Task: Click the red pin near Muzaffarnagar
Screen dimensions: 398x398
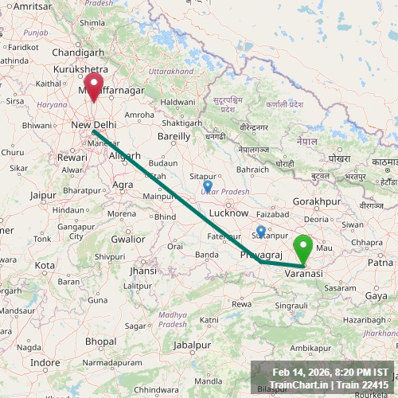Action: click(94, 86)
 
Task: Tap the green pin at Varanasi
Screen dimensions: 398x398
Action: click(303, 248)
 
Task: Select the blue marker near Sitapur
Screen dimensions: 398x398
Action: click(208, 186)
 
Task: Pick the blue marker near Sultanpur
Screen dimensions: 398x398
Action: click(261, 231)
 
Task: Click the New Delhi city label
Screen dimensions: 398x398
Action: click(93, 125)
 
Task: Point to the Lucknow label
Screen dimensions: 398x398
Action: click(229, 214)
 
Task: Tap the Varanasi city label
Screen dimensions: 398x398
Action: click(303, 273)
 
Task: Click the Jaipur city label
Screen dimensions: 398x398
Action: click(43, 194)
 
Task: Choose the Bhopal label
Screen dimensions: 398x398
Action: click(100, 341)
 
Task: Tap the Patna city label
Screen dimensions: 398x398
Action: click(380, 262)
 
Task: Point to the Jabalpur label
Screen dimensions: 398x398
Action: click(195, 345)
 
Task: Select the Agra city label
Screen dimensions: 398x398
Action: click(123, 185)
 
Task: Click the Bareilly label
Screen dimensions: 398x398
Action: click(174, 136)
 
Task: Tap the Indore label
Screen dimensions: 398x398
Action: click(45, 363)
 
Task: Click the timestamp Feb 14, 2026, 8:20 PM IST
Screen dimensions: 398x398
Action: click(330, 373)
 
